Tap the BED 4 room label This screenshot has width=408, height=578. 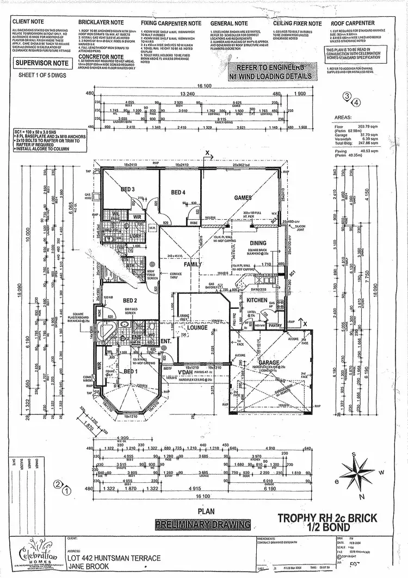click(178, 192)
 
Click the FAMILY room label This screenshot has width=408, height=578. click(193, 264)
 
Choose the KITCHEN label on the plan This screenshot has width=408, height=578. click(257, 300)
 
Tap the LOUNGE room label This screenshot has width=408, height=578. click(198, 329)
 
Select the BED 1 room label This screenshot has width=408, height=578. click(129, 371)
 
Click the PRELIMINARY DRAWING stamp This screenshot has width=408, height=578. click(203, 525)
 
